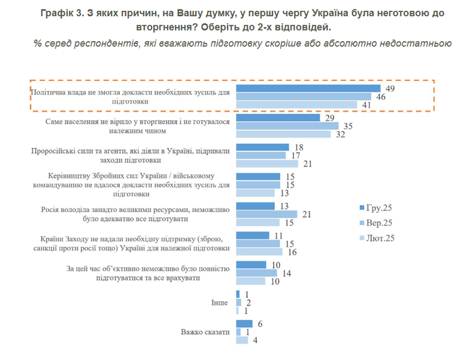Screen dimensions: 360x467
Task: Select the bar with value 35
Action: [x=287, y=126]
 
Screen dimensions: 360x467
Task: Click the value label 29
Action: [x=329, y=118]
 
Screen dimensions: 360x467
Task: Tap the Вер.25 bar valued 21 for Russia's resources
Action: [x=267, y=214]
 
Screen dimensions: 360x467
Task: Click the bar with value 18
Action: [x=263, y=147]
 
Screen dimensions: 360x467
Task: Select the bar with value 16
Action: [x=259, y=252]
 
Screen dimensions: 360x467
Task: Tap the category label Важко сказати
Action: [x=205, y=332]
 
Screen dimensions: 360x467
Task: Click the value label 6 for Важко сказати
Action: [x=260, y=323]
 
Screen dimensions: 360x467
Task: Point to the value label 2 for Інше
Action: [x=248, y=302]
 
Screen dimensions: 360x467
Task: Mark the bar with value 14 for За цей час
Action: [x=256, y=273]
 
